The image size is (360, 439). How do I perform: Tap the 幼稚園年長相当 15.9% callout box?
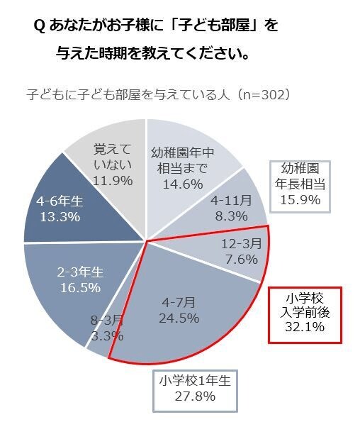[303, 185]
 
